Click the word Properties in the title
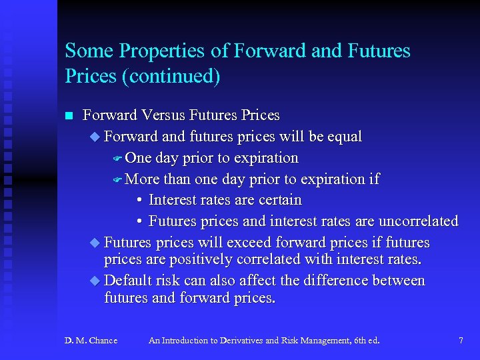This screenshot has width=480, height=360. click(x=153, y=52)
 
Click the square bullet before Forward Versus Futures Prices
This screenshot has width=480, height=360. click(x=68, y=116)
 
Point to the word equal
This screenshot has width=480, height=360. click(x=344, y=137)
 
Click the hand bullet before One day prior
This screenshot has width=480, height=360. click(x=116, y=159)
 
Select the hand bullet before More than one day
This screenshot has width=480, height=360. click(x=116, y=179)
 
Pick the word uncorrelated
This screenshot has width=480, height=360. click(x=418, y=221)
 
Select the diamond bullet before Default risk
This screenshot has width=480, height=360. click(x=95, y=281)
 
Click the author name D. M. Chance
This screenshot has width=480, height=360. click(x=91, y=341)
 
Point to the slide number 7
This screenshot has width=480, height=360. click(x=461, y=341)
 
